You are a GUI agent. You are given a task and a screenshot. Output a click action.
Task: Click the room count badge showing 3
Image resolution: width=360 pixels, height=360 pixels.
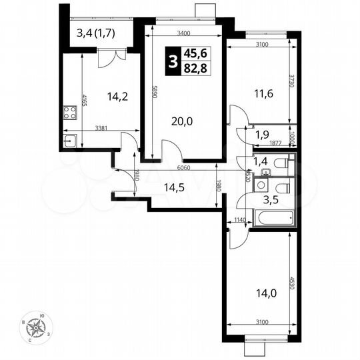[173, 63]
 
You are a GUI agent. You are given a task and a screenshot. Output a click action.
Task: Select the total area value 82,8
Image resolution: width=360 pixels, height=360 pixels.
[196, 69]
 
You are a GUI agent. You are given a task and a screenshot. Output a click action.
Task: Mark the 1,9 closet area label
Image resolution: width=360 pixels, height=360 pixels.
[262, 133]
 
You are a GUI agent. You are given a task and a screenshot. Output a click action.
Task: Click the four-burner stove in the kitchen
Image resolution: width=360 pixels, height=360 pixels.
[70, 112]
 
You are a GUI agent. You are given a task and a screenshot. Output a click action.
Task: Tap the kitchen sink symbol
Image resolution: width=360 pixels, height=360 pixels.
[71, 141]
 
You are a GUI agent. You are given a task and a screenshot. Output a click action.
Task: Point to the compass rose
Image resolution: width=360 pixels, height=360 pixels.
[37, 327]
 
